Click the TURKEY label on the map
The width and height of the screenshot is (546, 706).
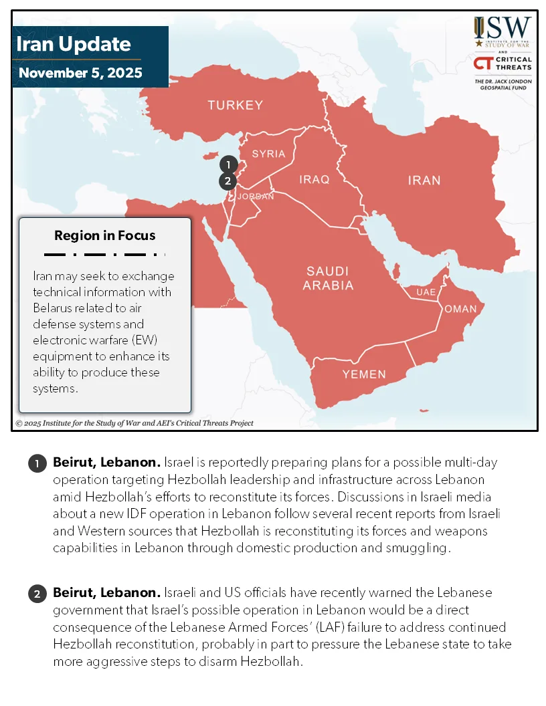tap(235, 105)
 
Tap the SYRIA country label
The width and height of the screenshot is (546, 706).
tap(268, 154)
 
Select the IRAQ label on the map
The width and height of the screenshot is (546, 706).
tap(314, 179)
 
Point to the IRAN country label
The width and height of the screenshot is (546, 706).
tap(424, 180)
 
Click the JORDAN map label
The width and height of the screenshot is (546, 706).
tap(256, 197)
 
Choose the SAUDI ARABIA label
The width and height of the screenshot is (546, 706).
tap(327, 278)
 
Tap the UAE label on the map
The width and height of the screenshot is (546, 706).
tap(426, 292)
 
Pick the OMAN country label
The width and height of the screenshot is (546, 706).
tap(460, 309)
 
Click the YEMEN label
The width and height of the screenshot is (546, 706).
tap(364, 374)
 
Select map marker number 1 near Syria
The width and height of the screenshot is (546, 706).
tap(228, 164)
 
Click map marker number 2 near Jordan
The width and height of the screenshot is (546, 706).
tap(227, 181)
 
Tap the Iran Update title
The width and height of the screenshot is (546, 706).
tap(73, 44)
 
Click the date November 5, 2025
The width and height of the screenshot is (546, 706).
tap(80, 73)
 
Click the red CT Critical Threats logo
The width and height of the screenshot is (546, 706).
tap(482, 64)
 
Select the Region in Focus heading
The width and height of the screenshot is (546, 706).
tap(104, 235)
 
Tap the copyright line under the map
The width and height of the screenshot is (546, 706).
tap(134, 423)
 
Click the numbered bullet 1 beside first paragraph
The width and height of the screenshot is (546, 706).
tap(37, 463)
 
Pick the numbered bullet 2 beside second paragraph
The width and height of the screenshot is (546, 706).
tap(37, 593)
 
